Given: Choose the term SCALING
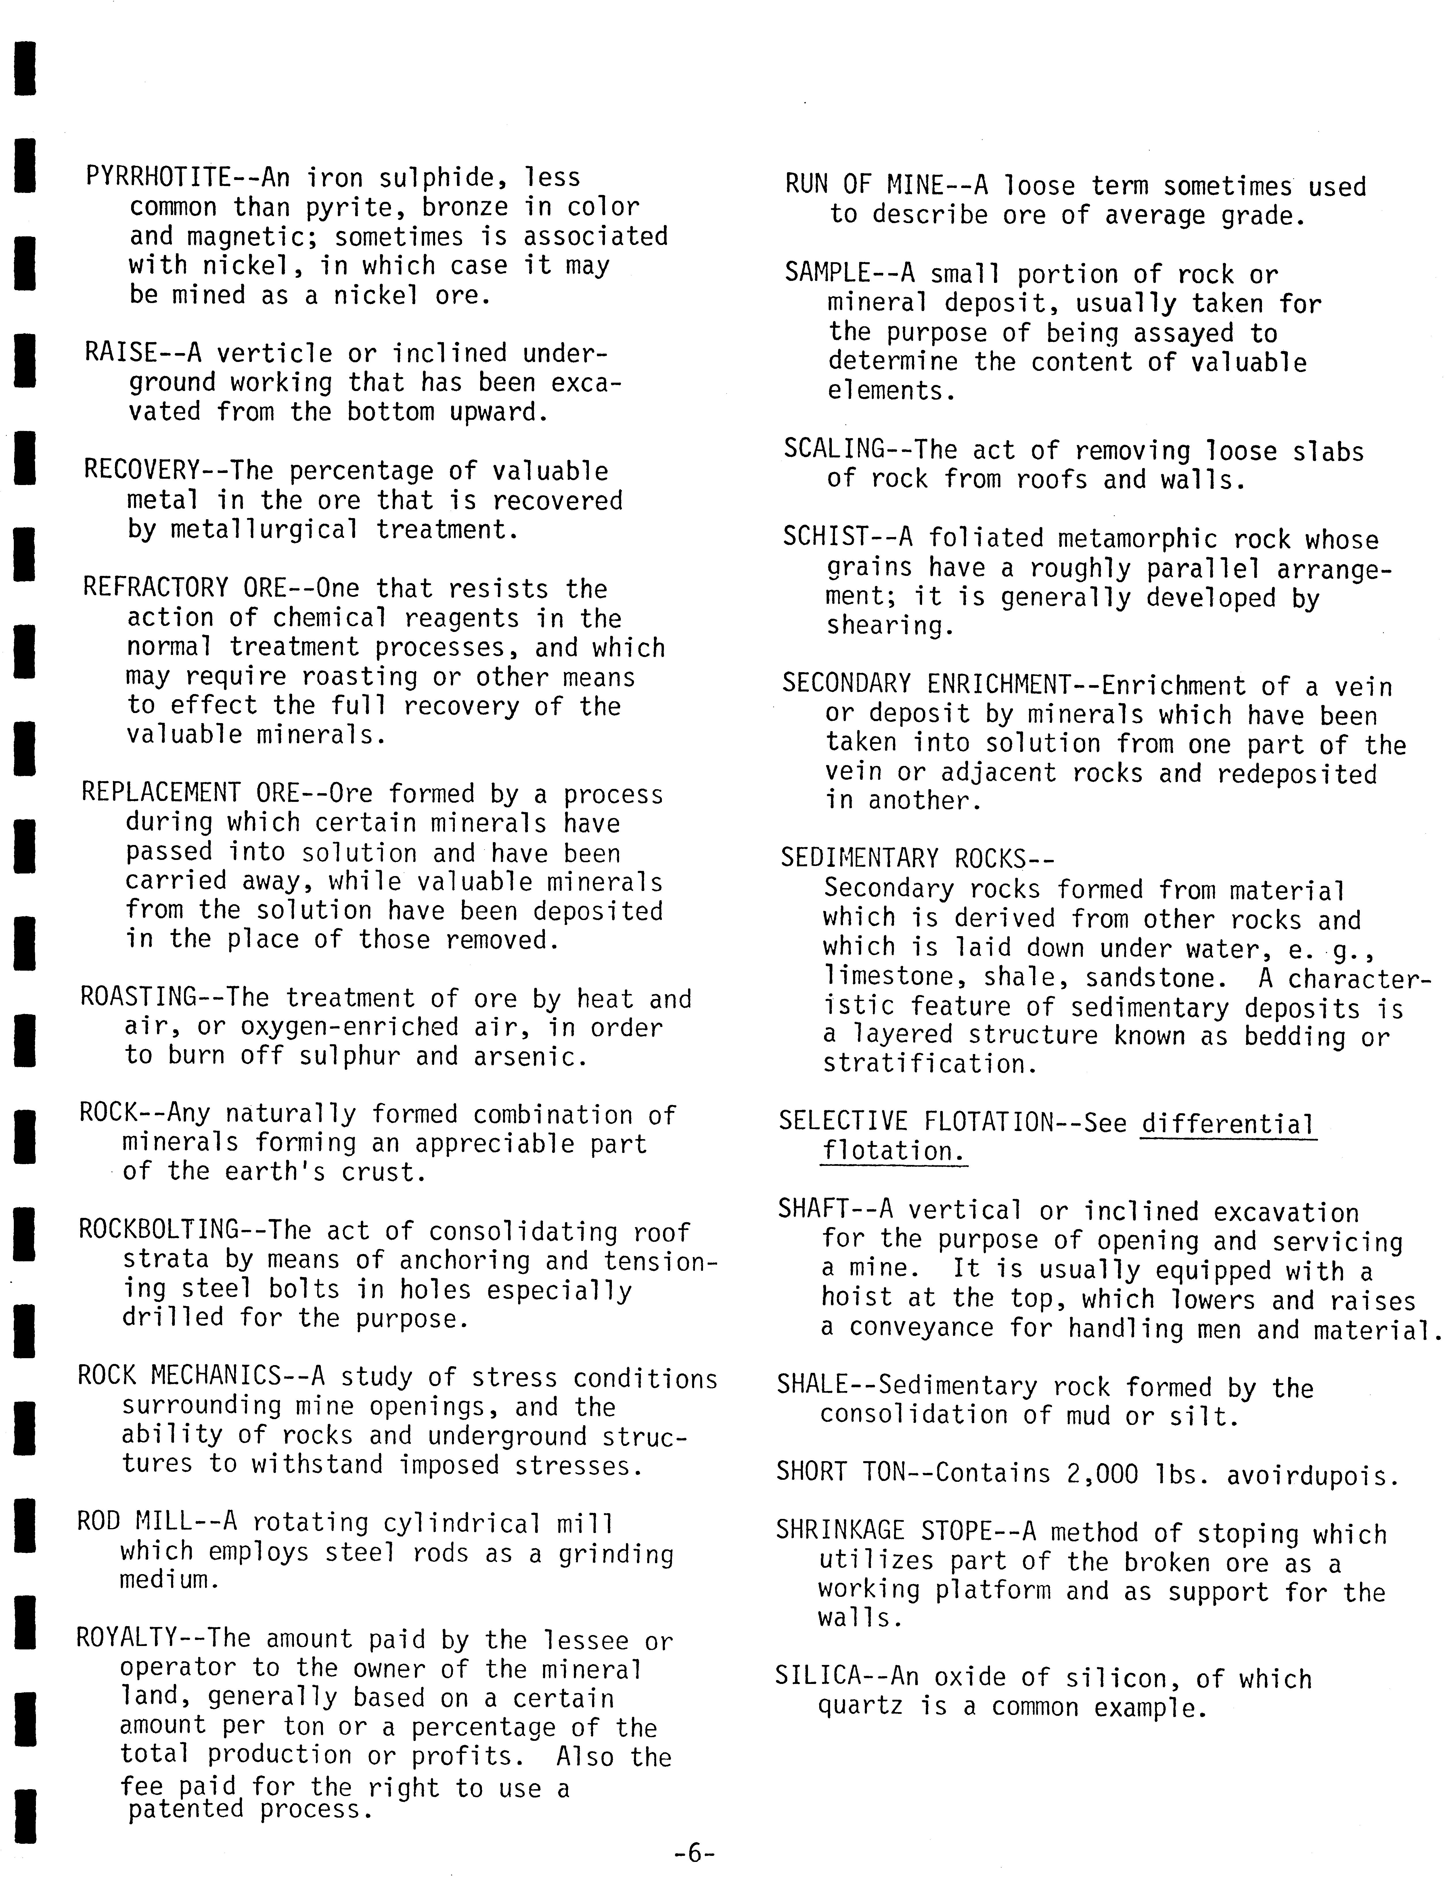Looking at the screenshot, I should coord(834,449).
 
